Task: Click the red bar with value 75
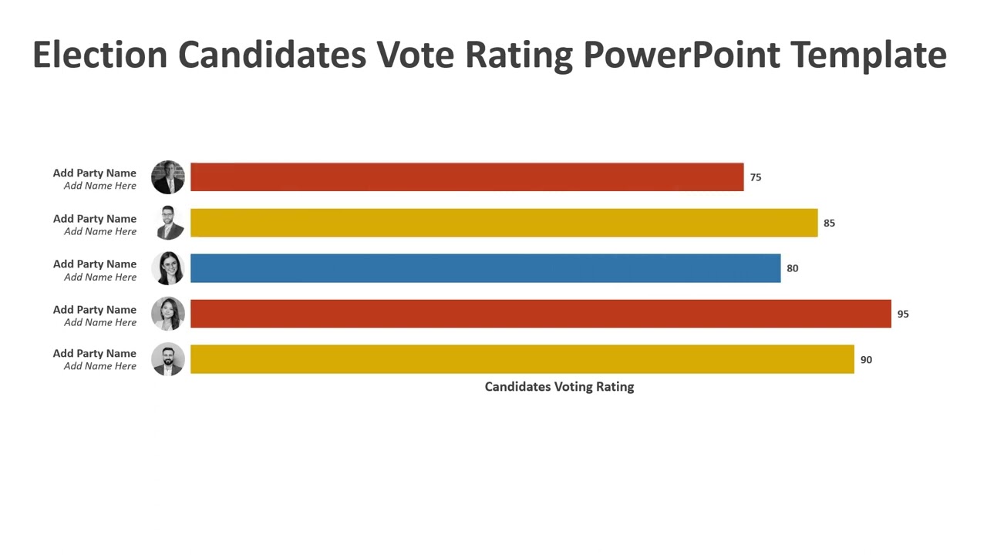(x=467, y=177)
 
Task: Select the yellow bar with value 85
(x=504, y=223)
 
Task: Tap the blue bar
(x=485, y=268)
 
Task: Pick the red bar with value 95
(x=541, y=314)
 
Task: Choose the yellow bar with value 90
(x=522, y=359)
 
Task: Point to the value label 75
(x=756, y=177)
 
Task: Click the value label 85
(x=829, y=223)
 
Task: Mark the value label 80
(x=793, y=268)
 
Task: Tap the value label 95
(x=903, y=314)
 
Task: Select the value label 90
(x=866, y=359)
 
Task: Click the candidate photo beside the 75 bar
(x=168, y=177)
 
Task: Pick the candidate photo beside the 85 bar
(x=168, y=223)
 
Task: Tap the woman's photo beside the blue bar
(x=168, y=268)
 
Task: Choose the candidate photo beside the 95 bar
(x=168, y=314)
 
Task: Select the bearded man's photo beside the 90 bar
(x=168, y=359)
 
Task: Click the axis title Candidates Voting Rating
(x=559, y=386)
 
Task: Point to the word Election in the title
(x=99, y=55)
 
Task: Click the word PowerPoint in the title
(x=681, y=55)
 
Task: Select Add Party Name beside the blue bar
(x=95, y=264)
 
